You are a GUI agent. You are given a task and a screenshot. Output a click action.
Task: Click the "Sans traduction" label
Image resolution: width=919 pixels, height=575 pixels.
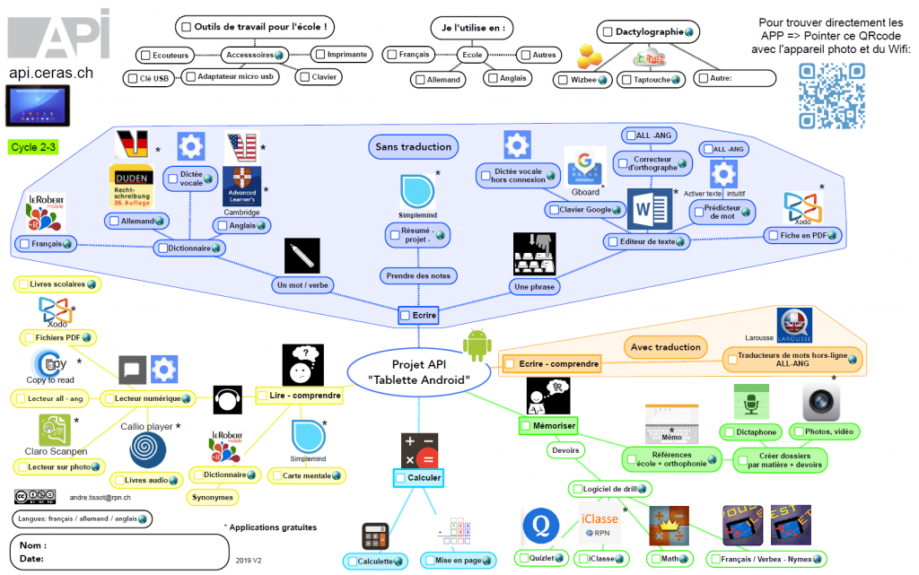(x=413, y=146)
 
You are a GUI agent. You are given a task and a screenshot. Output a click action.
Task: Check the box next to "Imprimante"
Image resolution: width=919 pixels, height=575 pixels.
(x=319, y=54)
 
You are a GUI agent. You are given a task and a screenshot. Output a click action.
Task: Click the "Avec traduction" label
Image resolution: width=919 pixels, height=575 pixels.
(x=665, y=346)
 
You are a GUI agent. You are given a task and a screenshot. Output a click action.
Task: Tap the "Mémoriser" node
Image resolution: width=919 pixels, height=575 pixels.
(x=548, y=425)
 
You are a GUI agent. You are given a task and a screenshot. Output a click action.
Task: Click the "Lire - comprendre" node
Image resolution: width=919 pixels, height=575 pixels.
(x=299, y=395)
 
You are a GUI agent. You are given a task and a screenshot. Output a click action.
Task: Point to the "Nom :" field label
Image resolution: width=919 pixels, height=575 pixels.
(x=34, y=545)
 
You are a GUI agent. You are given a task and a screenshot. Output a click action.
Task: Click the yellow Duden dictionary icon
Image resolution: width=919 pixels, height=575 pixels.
(x=131, y=187)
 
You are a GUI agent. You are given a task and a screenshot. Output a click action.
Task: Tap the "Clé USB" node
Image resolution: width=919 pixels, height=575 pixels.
(x=149, y=78)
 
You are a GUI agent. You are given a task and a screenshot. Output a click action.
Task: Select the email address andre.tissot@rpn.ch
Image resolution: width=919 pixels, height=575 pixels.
(x=101, y=497)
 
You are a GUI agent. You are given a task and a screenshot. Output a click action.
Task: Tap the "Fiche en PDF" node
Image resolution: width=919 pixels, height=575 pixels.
(x=803, y=235)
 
